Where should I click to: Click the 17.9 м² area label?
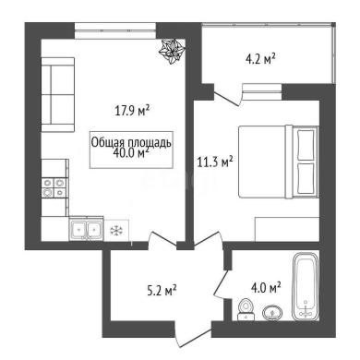click(x=132, y=110)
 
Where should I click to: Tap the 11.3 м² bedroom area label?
click(x=215, y=162)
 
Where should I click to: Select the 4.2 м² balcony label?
click(x=260, y=58)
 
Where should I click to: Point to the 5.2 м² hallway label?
click(x=162, y=290)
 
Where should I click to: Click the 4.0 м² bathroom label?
click(x=266, y=288)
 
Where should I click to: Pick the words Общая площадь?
click(x=131, y=143)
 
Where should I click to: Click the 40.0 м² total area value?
click(x=131, y=152)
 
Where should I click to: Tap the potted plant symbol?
click(x=172, y=52)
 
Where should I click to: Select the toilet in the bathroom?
click(x=246, y=309)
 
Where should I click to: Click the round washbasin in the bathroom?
click(x=272, y=313)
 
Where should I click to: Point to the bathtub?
click(x=306, y=287)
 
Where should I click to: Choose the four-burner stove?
click(x=54, y=187)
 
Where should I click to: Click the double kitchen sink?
click(x=86, y=229)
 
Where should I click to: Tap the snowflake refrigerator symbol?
click(x=116, y=230)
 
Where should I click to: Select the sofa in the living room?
click(x=58, y=95)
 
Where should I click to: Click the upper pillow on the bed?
click(x=306, y=145)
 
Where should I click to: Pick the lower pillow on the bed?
click(x=306, y=178)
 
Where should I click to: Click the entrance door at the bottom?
click(x=193, y=335)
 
